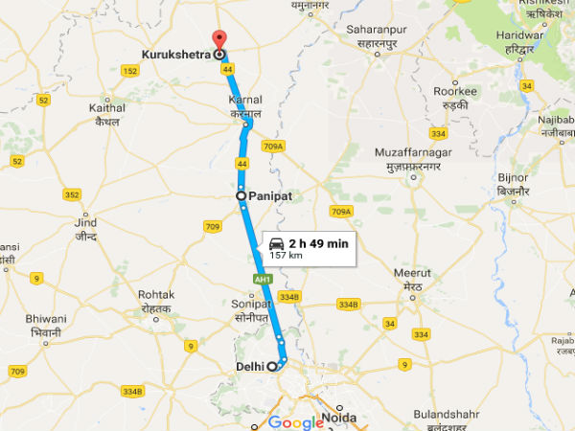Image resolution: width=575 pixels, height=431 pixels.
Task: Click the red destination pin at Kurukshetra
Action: point(218,39)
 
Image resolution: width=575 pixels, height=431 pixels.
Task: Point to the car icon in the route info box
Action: point(277,243)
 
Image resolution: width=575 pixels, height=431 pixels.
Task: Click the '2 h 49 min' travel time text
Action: point(318,243)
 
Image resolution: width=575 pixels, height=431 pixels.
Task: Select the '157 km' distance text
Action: point(286,256)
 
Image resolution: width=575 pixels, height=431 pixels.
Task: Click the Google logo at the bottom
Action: point(295,422)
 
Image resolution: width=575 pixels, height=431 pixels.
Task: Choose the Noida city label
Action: point(341,418)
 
